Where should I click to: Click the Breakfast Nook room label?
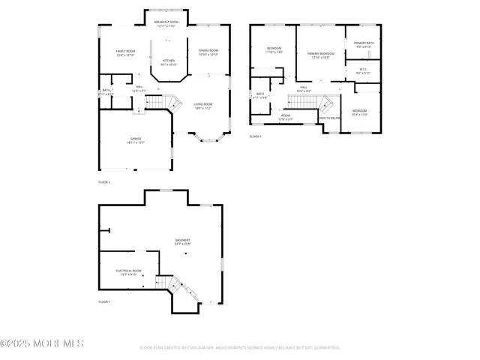click(166, 22)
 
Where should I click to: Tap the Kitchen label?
click(169, 60)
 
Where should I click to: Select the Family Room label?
click(125, 51)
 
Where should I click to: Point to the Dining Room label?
click(208, 51)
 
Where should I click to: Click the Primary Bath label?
click(364, 43)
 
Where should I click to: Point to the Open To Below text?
click(329, 118)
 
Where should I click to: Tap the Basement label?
click(183, 241)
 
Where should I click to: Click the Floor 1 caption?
click(104, 301)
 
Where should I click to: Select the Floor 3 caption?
click(255, 136)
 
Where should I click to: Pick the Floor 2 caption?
click(104, 182)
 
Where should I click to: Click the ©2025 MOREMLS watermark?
click(42, 344)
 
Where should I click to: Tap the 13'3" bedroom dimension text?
click(361, 115)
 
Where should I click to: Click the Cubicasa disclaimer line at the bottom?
click(240, 348)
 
